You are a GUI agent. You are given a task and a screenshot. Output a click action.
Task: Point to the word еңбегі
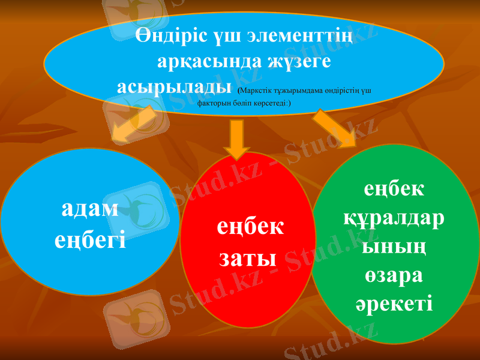point(90,240)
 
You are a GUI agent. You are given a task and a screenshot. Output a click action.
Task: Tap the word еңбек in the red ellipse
point(250,228)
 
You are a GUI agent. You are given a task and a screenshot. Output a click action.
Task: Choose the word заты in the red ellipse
point(247,259)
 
